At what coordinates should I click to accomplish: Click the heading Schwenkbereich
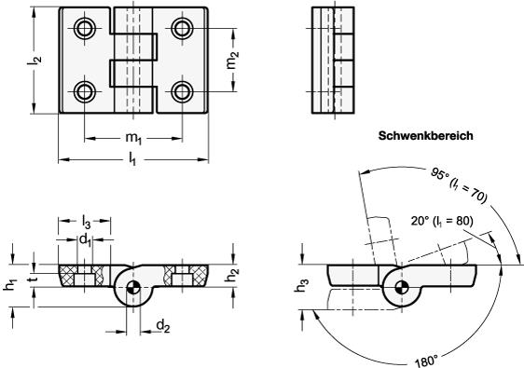point(425,136)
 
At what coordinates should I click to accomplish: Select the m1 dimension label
point(133,138)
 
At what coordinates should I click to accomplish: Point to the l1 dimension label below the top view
point(132,160)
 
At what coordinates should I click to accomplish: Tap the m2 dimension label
point(232,60)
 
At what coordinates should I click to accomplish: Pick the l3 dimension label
point(86,222)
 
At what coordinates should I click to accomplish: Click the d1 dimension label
point(85,240)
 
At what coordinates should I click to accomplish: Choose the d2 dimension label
point(163,325)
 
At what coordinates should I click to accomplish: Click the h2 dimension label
point(231,274)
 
